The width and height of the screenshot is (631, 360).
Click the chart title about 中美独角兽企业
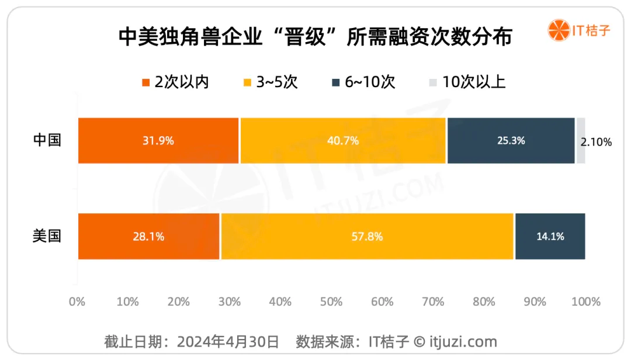click(315, 37)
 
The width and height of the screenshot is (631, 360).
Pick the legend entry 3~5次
click(271, 82)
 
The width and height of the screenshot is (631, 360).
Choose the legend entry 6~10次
click(363, 82)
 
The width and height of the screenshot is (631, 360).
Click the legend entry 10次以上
click(467, 82)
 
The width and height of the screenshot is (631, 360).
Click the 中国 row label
click(47, 140)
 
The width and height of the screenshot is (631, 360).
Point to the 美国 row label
click(47, 236)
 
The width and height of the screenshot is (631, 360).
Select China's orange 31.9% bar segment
click(158, 140)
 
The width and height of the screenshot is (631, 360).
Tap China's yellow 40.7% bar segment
click(343, 140)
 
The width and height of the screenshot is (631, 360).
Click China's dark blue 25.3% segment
click(511, 140)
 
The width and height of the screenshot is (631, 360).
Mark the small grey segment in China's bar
click(581, 140)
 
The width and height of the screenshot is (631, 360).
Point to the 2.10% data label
click(597, 141)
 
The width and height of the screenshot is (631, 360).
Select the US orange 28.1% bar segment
click(148, 236)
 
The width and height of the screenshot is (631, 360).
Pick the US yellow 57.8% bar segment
click(367, 236)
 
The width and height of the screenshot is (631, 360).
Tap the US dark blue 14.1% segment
click(550, 236)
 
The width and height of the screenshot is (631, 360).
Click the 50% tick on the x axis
click(331, 302)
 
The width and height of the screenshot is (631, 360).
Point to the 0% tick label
click(77, 302)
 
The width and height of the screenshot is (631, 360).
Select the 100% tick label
click(585, 302)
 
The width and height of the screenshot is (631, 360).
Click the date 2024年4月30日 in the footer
click(228, 341)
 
